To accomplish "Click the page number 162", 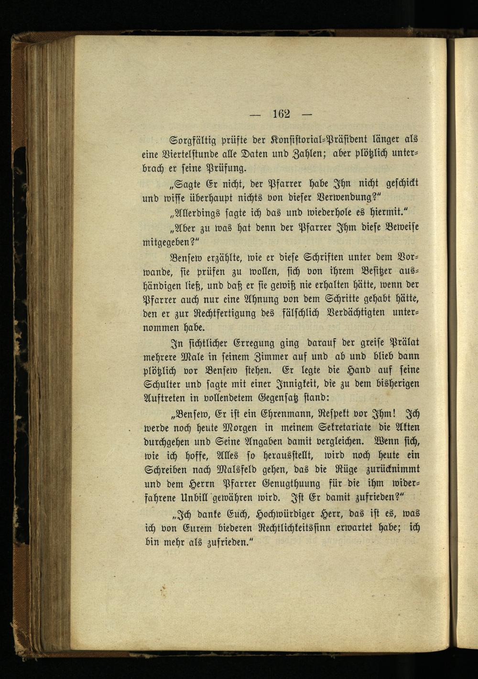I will (x=282, y=114).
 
